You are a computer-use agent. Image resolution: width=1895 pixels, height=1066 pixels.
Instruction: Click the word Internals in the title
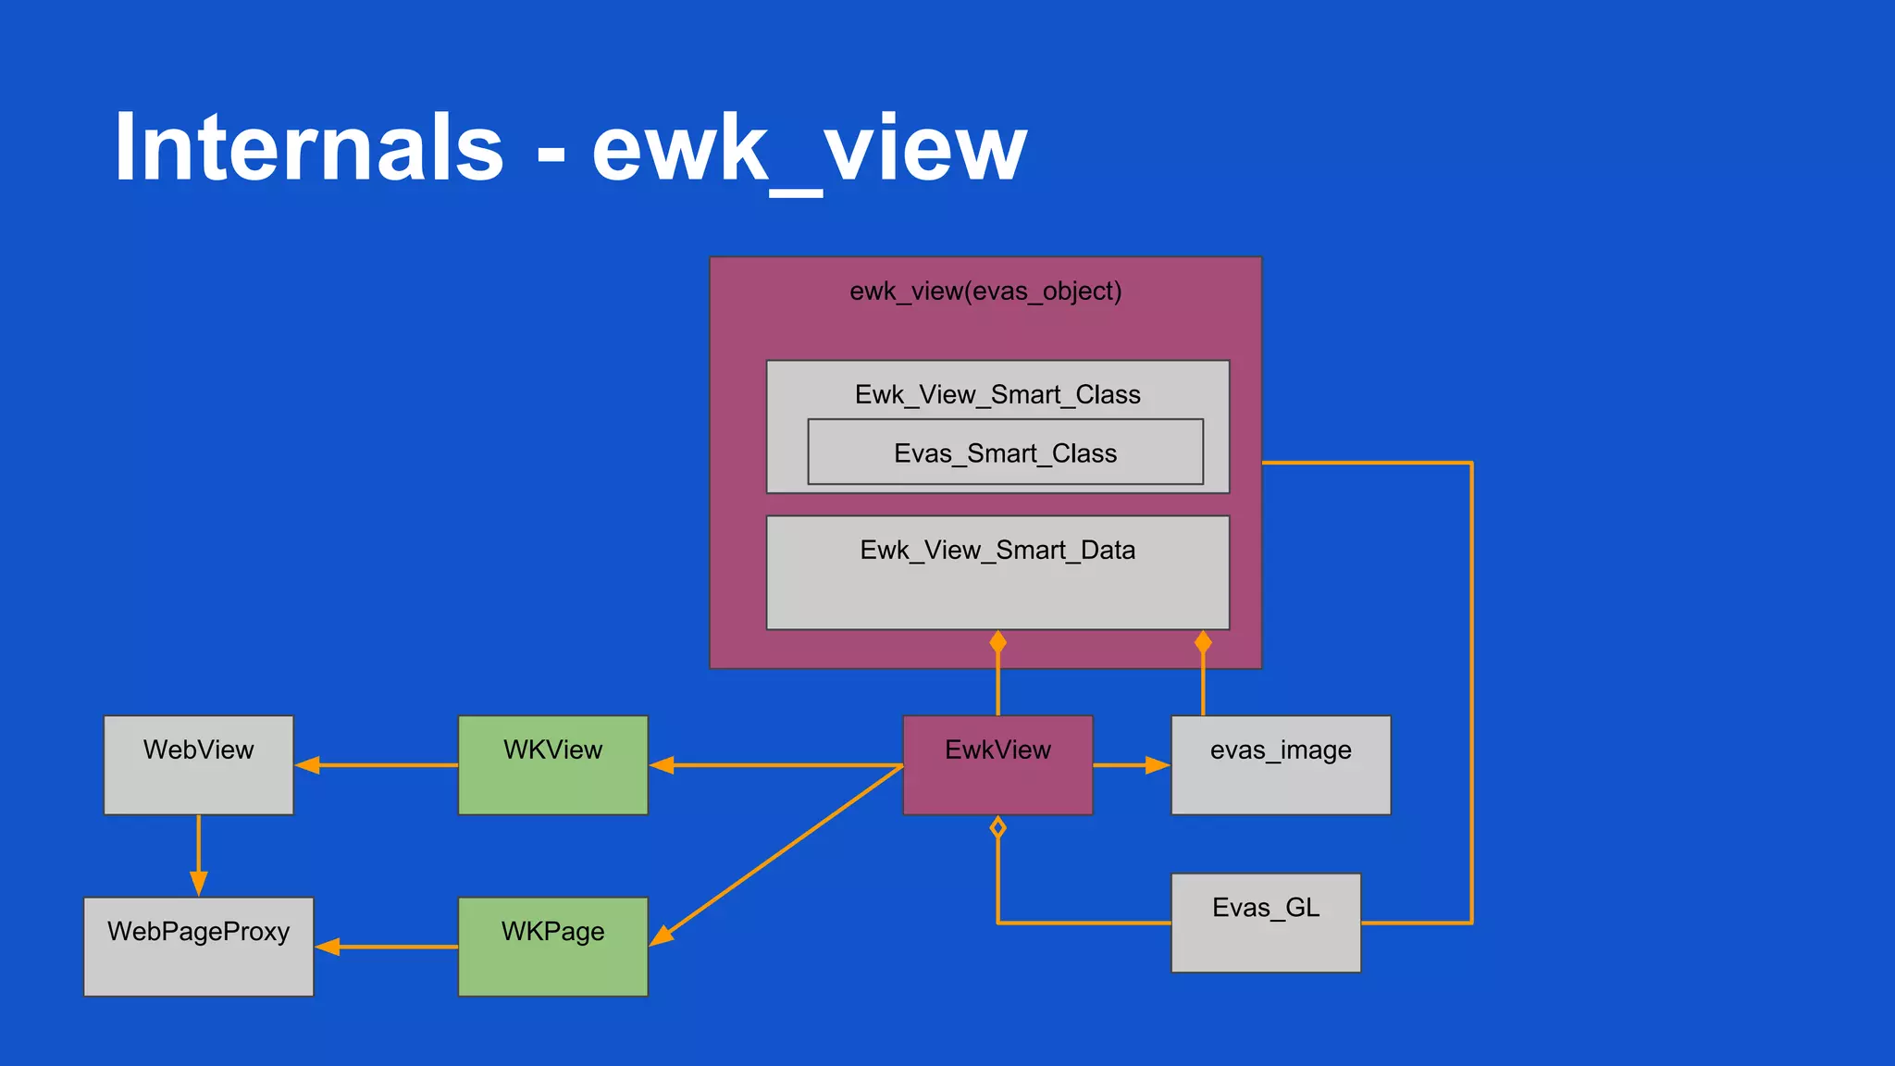tap(309, 148)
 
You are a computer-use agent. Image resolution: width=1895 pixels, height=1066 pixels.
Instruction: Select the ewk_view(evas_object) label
tap(985, 291)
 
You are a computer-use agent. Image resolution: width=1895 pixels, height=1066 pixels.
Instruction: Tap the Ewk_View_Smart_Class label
tap(997, 395)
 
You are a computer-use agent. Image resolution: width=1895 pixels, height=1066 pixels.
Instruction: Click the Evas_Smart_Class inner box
tap(1005, 452)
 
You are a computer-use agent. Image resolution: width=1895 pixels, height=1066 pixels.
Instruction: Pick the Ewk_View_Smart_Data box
tap(997, 573)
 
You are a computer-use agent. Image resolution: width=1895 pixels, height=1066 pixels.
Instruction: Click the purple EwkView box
tap(997, 765)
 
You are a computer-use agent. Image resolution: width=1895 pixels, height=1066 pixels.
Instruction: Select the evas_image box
tap(1281, 765)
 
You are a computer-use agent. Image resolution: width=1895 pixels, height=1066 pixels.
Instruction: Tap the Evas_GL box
tap(1266, 923)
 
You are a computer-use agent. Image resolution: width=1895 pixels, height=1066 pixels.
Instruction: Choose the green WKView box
tap(552, 765)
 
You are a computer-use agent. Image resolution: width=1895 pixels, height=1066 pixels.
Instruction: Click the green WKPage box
tap(552, 947)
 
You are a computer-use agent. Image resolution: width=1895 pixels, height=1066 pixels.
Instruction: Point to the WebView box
tap(198, 765)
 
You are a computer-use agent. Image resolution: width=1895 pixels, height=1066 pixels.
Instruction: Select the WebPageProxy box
tap(198, 947)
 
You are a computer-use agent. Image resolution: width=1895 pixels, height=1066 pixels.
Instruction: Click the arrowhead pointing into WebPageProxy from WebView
tap(198, 883)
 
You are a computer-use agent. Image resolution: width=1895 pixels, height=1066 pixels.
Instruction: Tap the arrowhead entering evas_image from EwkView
tap(1158, 765)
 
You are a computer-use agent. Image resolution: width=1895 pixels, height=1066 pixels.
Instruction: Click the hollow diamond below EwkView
tap(997, 827)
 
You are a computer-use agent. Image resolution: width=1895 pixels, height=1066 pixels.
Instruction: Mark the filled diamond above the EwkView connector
tap(997, 642)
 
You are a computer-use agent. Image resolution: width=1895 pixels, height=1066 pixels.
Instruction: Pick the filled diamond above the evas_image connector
tap(1203, 642)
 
